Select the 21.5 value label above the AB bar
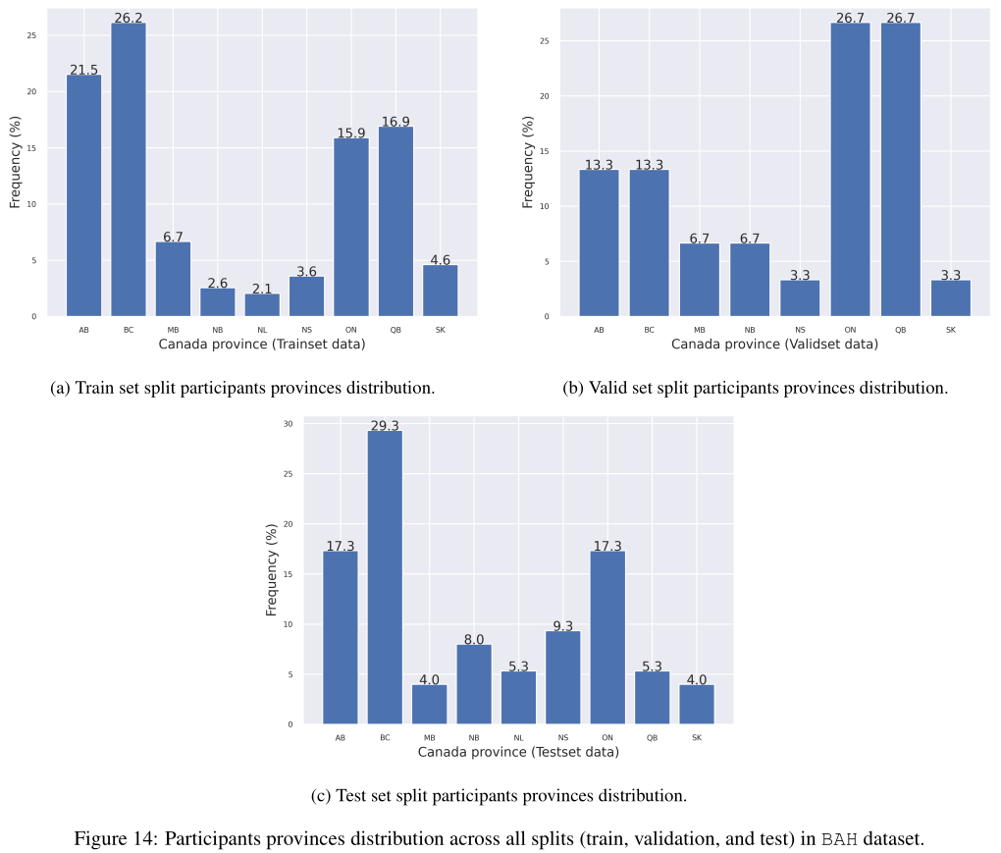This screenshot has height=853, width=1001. click(83, 70)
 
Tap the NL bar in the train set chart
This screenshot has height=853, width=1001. click(262, 304)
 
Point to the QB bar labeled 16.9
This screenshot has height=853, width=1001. click(395, 221)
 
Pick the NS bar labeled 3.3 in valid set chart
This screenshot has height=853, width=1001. click(800, 298)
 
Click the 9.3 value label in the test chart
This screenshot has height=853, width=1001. click(562, 625)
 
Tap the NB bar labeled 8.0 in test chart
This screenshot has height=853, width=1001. click(474, 684)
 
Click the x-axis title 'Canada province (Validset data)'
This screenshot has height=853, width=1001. click(774, 345)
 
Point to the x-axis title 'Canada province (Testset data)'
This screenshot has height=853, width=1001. click(518, 752)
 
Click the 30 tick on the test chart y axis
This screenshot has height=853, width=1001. click(288, 424)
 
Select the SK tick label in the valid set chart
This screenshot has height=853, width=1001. click(950, 330)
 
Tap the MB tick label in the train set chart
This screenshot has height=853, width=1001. click(173, 330)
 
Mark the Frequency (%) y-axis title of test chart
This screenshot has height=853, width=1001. click(272, 569)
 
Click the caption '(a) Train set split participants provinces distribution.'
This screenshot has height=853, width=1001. click(242, 388)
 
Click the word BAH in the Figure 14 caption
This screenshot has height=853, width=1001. click(839, 839)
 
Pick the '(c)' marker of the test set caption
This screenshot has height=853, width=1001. click(321, 795)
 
